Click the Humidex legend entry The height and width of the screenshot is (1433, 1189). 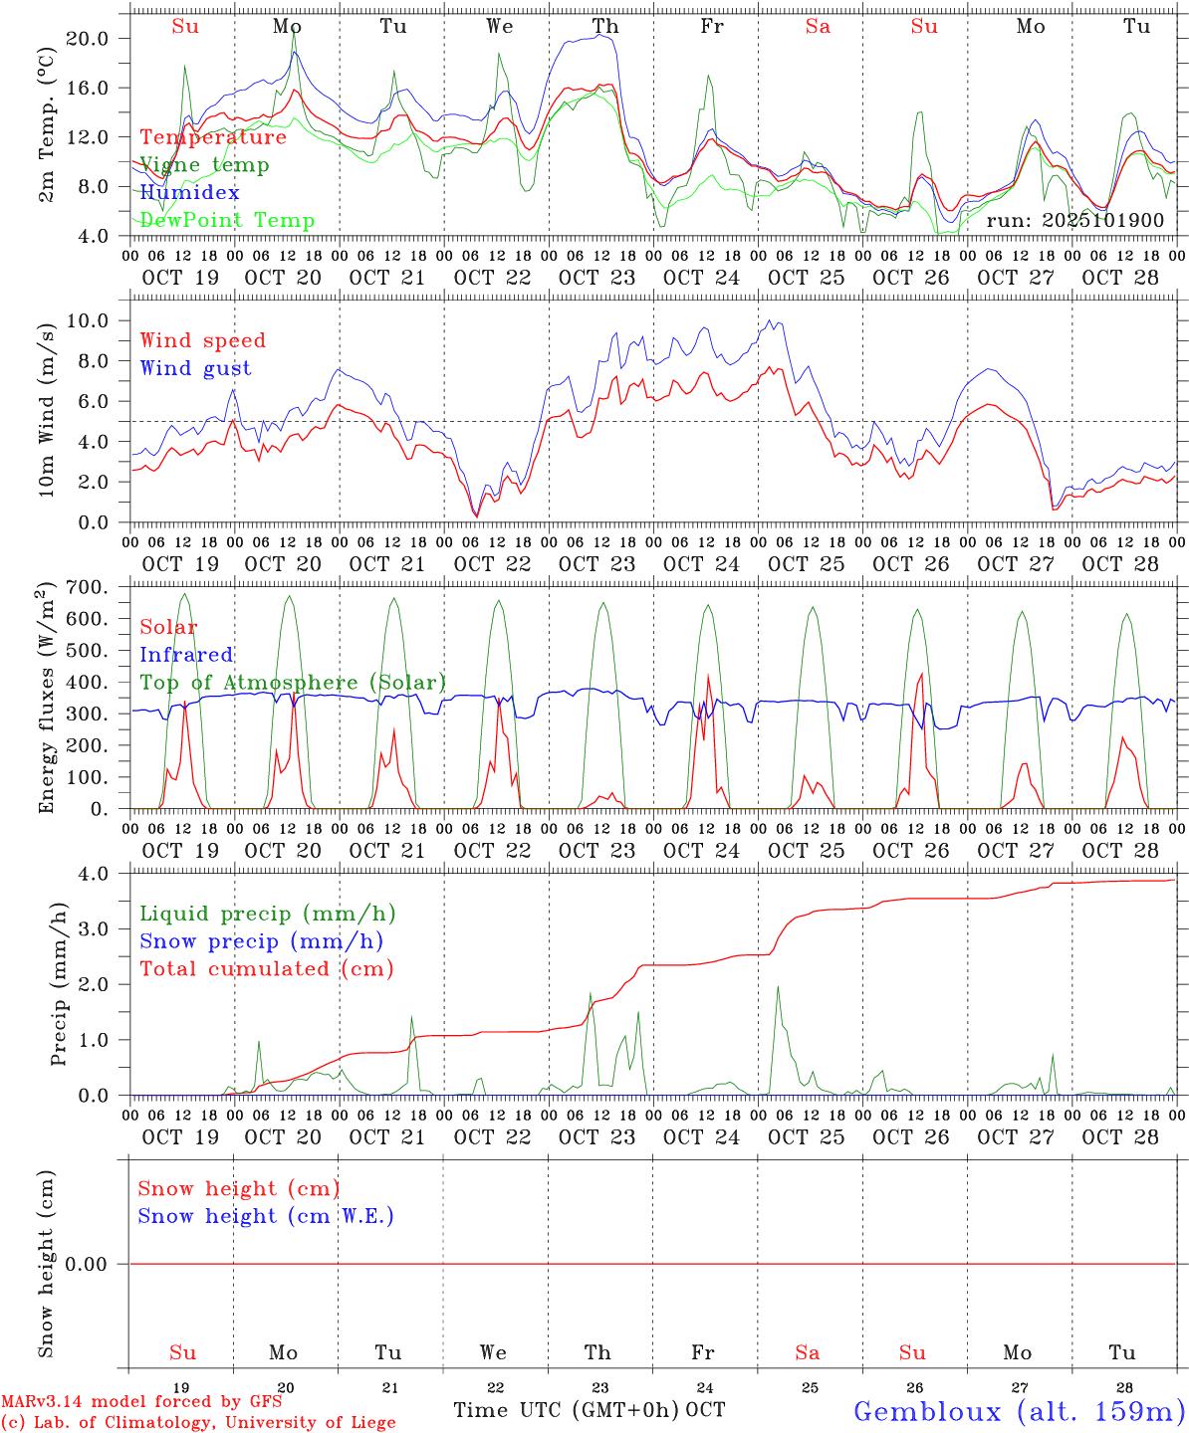click(x=189, y=192)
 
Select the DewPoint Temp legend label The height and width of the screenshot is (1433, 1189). click(x=227, y=220)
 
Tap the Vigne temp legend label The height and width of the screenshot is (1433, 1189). click(x=204, y=164)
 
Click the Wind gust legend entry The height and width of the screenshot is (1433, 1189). click(x=195, y=368)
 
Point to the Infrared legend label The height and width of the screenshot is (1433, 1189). click(x=186, y=655)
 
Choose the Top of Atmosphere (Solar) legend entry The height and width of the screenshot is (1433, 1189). click(x=293, y=683)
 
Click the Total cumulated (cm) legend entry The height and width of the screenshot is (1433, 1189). click(x=267, y=968)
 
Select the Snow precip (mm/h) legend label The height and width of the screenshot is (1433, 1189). click(x=261, y=941)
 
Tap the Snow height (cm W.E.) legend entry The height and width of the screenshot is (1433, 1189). click(x=266, y=1216)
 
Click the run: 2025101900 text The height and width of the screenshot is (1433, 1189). click(x=1074, y=220)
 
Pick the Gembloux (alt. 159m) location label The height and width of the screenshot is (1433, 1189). click(x=1019, y=1411)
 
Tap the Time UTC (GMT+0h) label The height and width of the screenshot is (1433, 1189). click(x=566, y=1410)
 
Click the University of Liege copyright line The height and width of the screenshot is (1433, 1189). click(x=198, y=1422)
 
